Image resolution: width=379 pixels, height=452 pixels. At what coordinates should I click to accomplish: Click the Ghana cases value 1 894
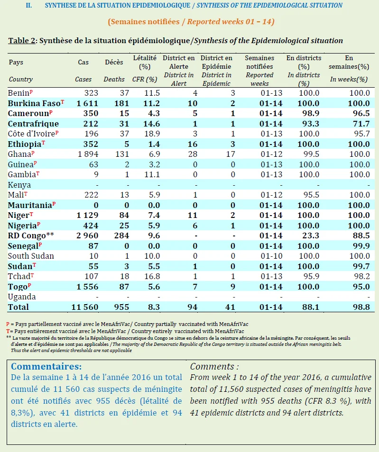(88, 154)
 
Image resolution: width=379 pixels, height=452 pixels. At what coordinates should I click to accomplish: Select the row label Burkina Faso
(34, 103)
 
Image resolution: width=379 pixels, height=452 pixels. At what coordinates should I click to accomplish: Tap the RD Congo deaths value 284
(121, 235)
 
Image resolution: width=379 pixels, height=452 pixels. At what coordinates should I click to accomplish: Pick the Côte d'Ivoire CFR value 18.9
(152, 134)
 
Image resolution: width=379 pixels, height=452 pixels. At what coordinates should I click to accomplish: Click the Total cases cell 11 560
(85, 307)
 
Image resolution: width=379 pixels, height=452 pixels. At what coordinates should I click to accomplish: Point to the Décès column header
(114, 62)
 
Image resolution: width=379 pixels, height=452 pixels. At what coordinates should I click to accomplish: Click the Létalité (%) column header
(145, 62)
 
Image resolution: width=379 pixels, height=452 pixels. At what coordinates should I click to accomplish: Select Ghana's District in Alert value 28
(193, 154)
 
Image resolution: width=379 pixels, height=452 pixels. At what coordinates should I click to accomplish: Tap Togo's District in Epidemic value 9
(232, 287)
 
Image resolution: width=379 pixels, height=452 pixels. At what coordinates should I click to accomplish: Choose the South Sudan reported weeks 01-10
(271, 256)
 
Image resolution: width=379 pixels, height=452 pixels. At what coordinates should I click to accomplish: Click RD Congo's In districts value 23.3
(311, 235)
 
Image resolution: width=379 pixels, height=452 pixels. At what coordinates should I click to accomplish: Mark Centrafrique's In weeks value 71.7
(361, 124)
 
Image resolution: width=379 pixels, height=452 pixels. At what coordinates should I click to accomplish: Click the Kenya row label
(19, 185)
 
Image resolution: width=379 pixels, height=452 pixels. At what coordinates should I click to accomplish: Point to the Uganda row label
(22, 297)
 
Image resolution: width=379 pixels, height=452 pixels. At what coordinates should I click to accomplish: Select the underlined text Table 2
(22, 41)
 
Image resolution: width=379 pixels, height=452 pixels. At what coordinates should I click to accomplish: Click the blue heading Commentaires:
(46, 366)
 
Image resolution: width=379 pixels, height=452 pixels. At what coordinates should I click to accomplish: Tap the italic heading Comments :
(214, 366)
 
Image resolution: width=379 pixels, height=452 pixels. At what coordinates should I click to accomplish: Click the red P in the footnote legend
(8, 324)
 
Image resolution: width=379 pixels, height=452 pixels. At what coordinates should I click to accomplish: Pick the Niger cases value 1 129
(87, 215)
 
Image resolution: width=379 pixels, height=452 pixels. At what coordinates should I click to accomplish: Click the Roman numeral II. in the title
(29, 6)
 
